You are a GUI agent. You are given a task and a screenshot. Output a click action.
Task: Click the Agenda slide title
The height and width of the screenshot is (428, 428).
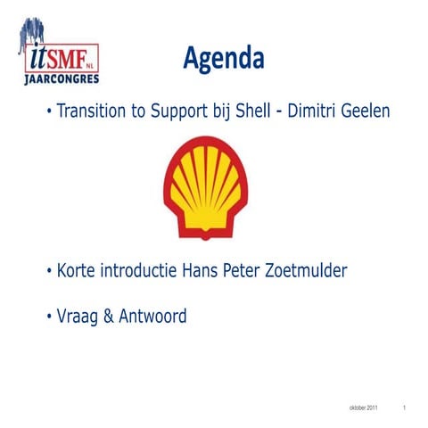[224, 59]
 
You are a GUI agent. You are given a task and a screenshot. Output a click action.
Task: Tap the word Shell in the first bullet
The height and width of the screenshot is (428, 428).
[252, 113]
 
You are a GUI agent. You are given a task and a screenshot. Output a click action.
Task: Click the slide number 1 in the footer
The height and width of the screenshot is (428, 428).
[404, 407]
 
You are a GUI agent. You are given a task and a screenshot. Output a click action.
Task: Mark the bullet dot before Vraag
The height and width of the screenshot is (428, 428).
[49, 317]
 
